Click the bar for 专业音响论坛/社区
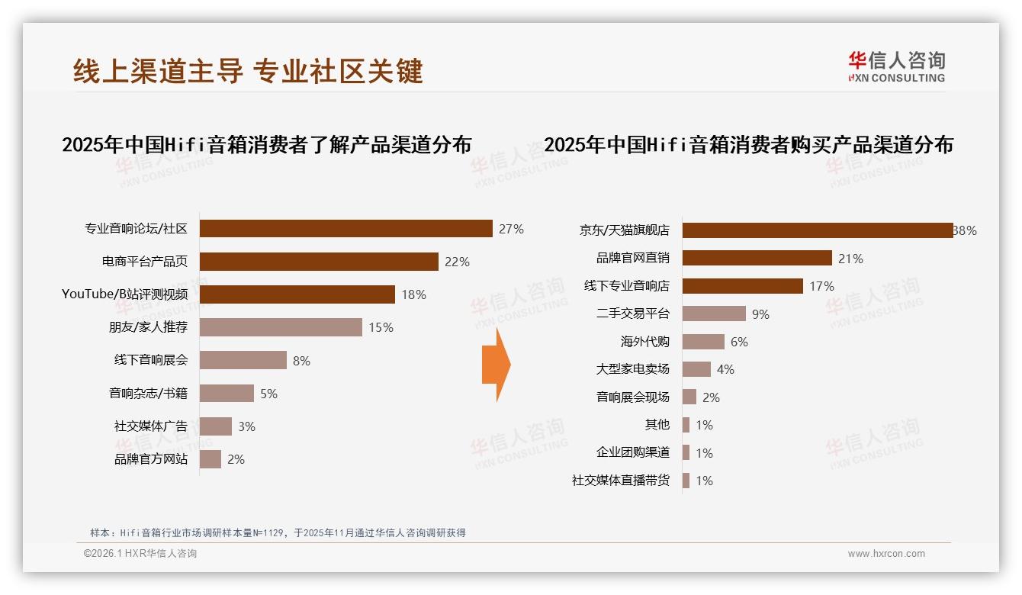click(346, 229)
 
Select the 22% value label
click(457, 262)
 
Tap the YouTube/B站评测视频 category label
click(124, 294)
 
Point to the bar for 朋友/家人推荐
click(281, 327)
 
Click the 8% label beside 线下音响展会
click(301, 361)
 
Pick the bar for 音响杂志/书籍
click(227, 394)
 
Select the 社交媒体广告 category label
click(150, 426)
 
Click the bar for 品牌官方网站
click(211, 459)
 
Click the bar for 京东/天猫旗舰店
click(817, 230)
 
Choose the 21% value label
click(850, 259)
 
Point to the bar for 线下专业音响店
click(742, 286)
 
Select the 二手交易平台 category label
click(632, 314)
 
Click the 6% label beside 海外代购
click(739, 342)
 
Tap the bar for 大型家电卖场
click(696, 369)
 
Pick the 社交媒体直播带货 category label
click(620, 481)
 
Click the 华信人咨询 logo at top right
click(896, 66)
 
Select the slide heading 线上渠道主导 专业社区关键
click(248, 71)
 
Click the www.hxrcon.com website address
click(886, 554)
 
